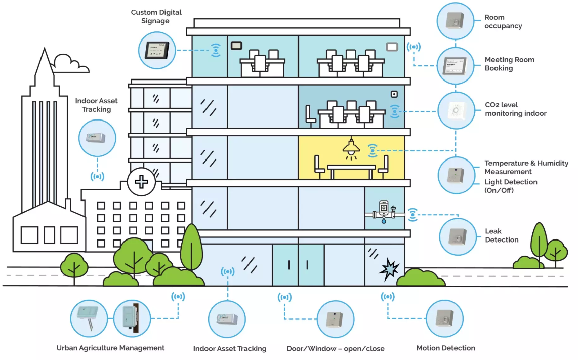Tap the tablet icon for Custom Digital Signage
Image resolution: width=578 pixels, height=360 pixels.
pyautogui.click(x=157, y=50)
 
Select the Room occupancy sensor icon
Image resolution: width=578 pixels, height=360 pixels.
pyautogui.click(x=455, y=21)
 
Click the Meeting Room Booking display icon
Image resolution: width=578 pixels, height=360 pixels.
pyautogui.click(x=455, y=65)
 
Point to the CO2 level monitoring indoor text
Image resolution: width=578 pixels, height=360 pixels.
pyautogui.click(x=515, y=109)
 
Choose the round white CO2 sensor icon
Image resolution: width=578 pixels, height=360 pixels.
pyautogui.click(x=456, y=110)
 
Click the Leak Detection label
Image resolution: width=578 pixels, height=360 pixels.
pyautogui.click(x=502, y=235)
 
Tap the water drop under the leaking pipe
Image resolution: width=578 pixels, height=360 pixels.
pyautogui.click(x=383, y=221)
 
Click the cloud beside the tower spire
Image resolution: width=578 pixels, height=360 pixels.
pyautogui.click(x=69, y=63)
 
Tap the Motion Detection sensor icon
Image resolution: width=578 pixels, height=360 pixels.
pyautogui.click(x=445, y=319)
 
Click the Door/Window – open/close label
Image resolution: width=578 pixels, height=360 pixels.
pyautogui.click(x=335, y=348)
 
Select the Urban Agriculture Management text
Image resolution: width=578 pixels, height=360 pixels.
pyautogui.click(x=110, y=348)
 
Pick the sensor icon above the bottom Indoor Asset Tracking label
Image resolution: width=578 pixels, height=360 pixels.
pyautogui.click(x=227, y=319)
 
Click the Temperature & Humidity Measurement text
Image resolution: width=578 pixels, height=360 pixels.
pyautogui.click(x=526, y=168)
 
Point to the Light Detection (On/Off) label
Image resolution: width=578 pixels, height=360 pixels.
pyautogui.click(x=511, y=186)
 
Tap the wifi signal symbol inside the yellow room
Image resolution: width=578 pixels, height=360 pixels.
pyautogui.click(x=373, y=150)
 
